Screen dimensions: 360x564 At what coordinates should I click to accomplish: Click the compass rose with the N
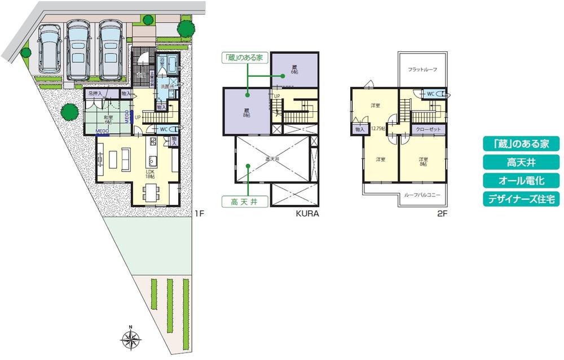click(x=130, y=339)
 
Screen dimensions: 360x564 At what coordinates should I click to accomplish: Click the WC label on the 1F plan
click(x=163, y=129)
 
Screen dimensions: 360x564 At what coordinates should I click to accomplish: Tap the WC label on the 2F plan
click(x=430, y=94)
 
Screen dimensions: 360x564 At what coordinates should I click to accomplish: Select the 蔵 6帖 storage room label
click(x=294, y=71)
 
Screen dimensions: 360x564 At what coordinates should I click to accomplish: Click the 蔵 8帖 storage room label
click(x=246, y=113)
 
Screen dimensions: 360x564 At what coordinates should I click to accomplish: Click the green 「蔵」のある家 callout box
click(x=244, y=57)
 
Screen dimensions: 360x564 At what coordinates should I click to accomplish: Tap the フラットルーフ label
click(x=423, y=70)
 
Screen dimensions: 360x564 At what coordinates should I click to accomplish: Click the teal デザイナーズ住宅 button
click(x=521, y=199)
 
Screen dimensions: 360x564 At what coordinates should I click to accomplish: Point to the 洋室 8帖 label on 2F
click(x=423, y=162)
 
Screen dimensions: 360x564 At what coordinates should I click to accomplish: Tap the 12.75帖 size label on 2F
click(x=377, y=129)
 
